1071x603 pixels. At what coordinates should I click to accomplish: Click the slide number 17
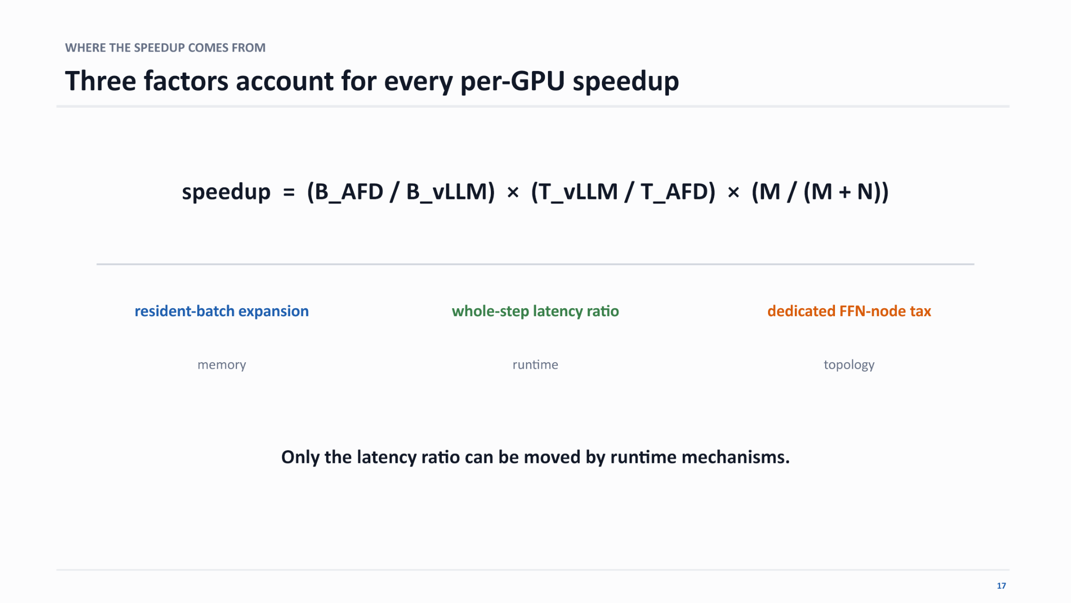coord(1001,586)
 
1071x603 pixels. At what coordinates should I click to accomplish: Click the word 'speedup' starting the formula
coord(226,192)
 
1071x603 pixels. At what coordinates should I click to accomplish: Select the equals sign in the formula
coord(289,192)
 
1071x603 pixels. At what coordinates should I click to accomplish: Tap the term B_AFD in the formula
coord(349,192)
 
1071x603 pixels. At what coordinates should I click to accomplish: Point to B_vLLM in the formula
coord(446,192)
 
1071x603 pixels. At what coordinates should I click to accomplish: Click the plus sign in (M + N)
coord(844,192)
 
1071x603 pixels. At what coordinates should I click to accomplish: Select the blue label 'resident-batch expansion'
coord(222,311)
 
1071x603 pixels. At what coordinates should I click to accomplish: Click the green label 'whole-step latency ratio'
coord(535,311)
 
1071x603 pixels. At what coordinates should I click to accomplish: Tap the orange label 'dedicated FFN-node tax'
coord(849,311)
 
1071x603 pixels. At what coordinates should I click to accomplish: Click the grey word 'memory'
coord(222,365)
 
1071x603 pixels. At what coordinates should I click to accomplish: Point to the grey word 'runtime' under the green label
coord(535,365)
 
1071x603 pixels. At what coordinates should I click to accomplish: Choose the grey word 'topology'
coord(849,365)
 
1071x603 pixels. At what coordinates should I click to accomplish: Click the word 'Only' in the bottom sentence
coord(300,457)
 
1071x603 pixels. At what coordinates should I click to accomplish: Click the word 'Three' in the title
coord(101,81)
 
